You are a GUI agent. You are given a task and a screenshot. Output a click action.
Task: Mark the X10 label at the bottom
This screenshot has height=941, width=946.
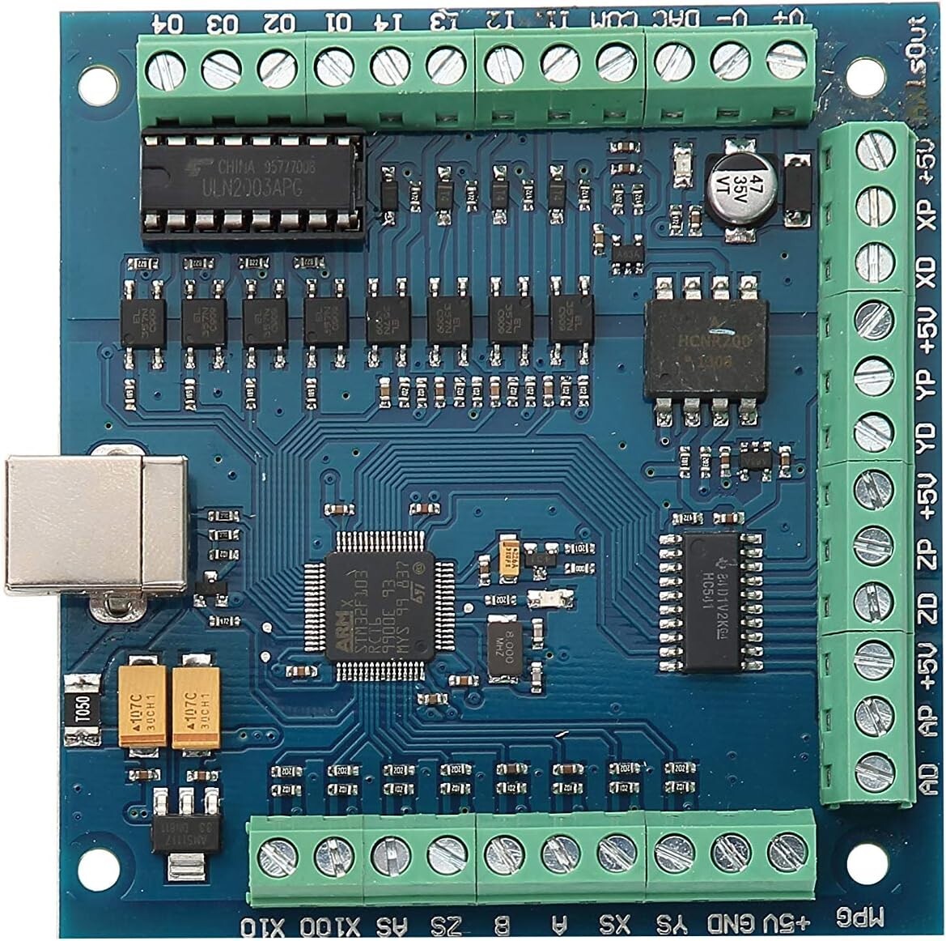click(265, 926)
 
